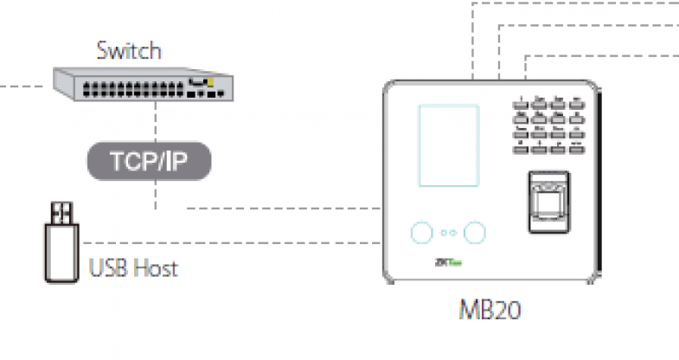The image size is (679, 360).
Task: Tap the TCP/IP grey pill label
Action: click(x=150, y=160)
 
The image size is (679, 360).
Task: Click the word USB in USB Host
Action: click(x=108, y=268)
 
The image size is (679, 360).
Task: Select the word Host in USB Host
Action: click(x=157, y=268)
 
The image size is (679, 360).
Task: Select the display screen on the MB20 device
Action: click(x=447, y=145)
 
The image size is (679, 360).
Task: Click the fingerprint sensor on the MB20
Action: click(x=548, y=202)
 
